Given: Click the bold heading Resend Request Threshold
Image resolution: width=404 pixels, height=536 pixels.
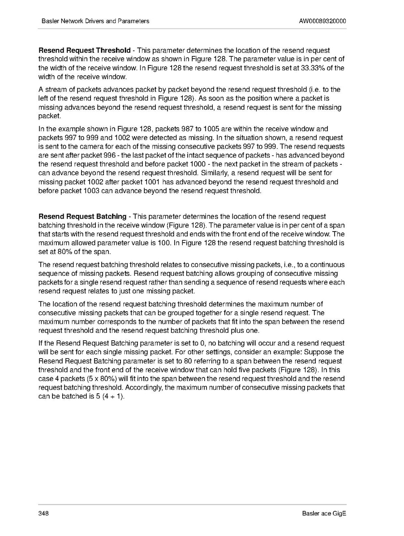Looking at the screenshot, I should [85, 51].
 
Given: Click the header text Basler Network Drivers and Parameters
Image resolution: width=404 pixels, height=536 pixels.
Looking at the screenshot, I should [95, 21].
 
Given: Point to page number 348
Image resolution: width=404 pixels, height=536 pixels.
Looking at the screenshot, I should [43, 513].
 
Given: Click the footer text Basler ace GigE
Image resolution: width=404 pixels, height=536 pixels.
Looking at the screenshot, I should [324, 513].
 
